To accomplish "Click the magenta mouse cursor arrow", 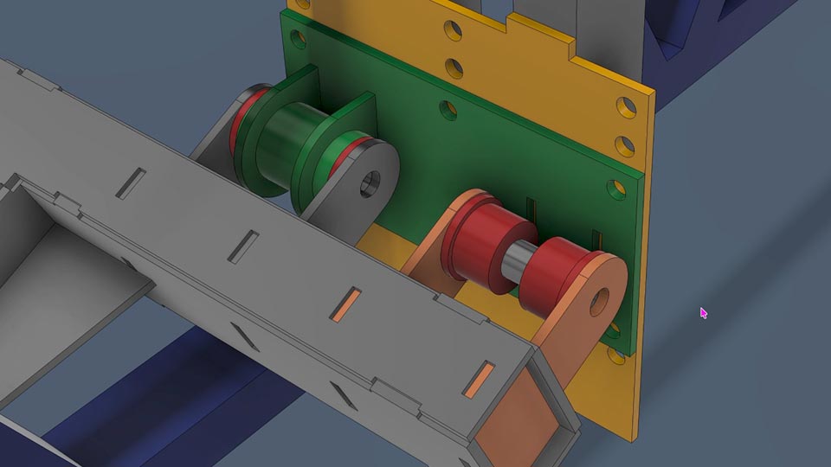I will [703, 312].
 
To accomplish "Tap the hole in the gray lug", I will [370, 182].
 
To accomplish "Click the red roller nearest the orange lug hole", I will [553, 272].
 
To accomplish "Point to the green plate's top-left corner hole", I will [297, 39].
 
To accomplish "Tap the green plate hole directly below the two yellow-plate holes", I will [448, 110].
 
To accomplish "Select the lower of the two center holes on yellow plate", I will [452, 67].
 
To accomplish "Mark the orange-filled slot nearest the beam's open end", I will [479, 381].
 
